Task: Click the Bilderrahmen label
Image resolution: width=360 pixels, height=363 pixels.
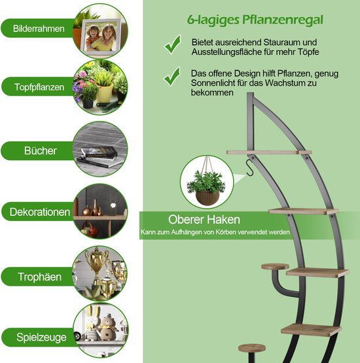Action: [x=39, y=29]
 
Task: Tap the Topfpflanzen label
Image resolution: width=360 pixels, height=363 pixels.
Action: [x=39, y=87]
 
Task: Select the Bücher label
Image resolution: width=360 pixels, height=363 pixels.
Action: [x=41, y=150]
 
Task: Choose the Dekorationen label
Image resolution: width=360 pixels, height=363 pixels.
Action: [x=40, y=212]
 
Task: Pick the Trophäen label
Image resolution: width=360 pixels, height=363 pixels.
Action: [x=40, y=277]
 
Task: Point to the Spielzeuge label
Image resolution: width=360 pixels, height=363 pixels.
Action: [x=41, y=337]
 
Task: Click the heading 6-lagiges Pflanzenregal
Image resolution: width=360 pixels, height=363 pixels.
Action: [x=255, y=20]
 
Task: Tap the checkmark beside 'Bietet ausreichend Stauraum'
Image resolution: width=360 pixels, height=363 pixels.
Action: [x=173, y=44]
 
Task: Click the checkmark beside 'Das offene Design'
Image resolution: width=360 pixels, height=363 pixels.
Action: [x=172, y=77]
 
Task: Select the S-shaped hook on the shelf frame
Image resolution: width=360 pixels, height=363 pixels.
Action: [x=250, y=168]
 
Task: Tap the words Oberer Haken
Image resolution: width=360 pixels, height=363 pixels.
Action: [x=204, y=220]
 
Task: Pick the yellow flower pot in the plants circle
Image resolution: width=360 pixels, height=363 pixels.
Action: [x=105, y=93]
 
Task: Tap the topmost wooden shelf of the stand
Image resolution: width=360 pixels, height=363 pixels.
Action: [x=269, y=152]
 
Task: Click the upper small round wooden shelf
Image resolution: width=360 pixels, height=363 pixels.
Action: [x=275, y=266]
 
